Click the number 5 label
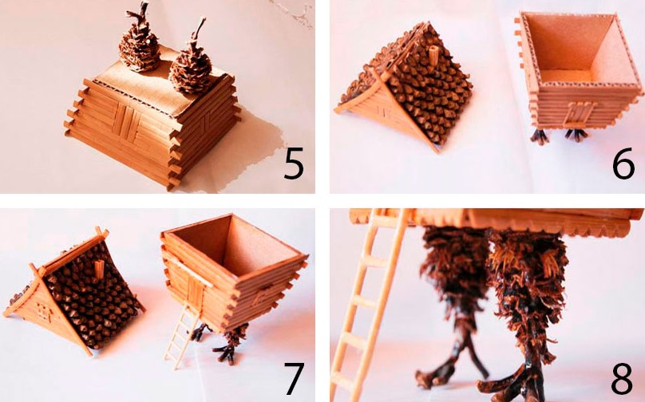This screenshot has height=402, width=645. (294, 163)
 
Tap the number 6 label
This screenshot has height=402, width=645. (623, 164)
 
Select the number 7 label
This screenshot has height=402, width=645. (295, 378)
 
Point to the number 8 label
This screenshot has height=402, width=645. (622, 379)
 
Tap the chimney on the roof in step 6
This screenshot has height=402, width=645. (433, 54)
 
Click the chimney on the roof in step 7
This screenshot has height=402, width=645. (100, 269)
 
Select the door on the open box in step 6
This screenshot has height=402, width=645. (578, 112)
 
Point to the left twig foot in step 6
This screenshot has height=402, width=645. (540, 136)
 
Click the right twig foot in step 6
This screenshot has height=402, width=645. (576, 136)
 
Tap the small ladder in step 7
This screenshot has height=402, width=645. (182, 335)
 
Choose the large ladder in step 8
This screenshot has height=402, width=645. (368, 305)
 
